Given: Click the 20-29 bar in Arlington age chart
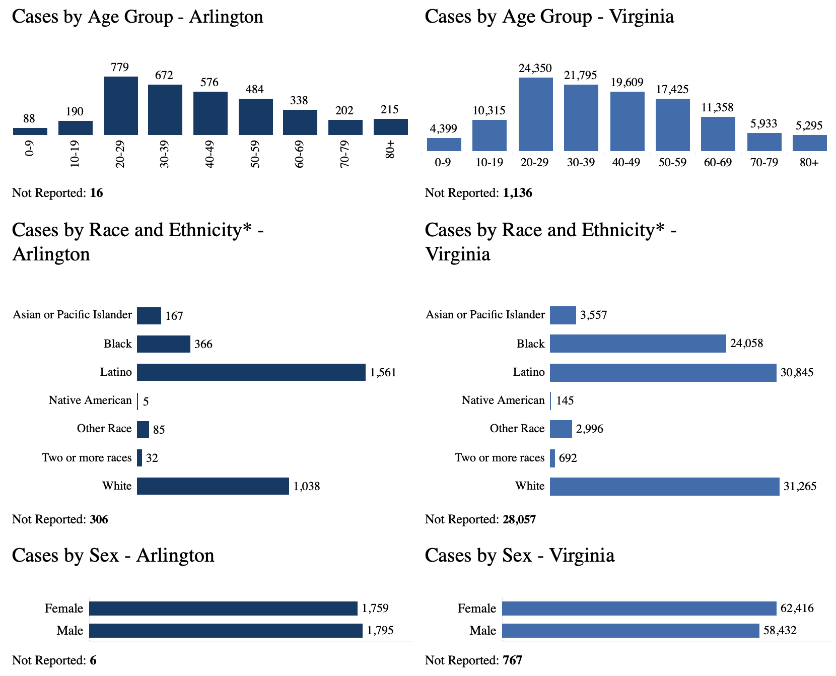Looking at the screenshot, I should click(121, 106).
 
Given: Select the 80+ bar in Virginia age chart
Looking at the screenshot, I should click(809, 143).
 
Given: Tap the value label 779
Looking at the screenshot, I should click(120, 67).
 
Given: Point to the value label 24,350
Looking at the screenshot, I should click(535, 68).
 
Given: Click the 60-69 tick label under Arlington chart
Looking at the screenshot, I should click(300, 154).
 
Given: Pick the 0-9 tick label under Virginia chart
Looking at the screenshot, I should click(443, 163).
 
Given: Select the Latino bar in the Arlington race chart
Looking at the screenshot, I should click(251, 372).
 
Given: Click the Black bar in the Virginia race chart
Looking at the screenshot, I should click(638, 344).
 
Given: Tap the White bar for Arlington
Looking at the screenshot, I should click(213, 486).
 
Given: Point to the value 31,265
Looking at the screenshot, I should click(800, 486).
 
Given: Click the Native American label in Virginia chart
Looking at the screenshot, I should click(503, 400).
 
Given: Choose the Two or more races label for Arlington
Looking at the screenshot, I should click(87, 458).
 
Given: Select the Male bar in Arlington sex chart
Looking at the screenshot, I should click(226, 631).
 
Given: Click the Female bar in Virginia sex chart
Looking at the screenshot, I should click(639, 609).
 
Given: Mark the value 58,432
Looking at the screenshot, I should click(780, 631).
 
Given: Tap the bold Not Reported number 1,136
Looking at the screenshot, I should click(517, 193).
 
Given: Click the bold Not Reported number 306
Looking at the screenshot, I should click(99, 519).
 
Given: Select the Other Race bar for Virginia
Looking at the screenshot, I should click(561, 429).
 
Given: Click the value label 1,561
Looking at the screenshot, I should click(383, 373).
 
